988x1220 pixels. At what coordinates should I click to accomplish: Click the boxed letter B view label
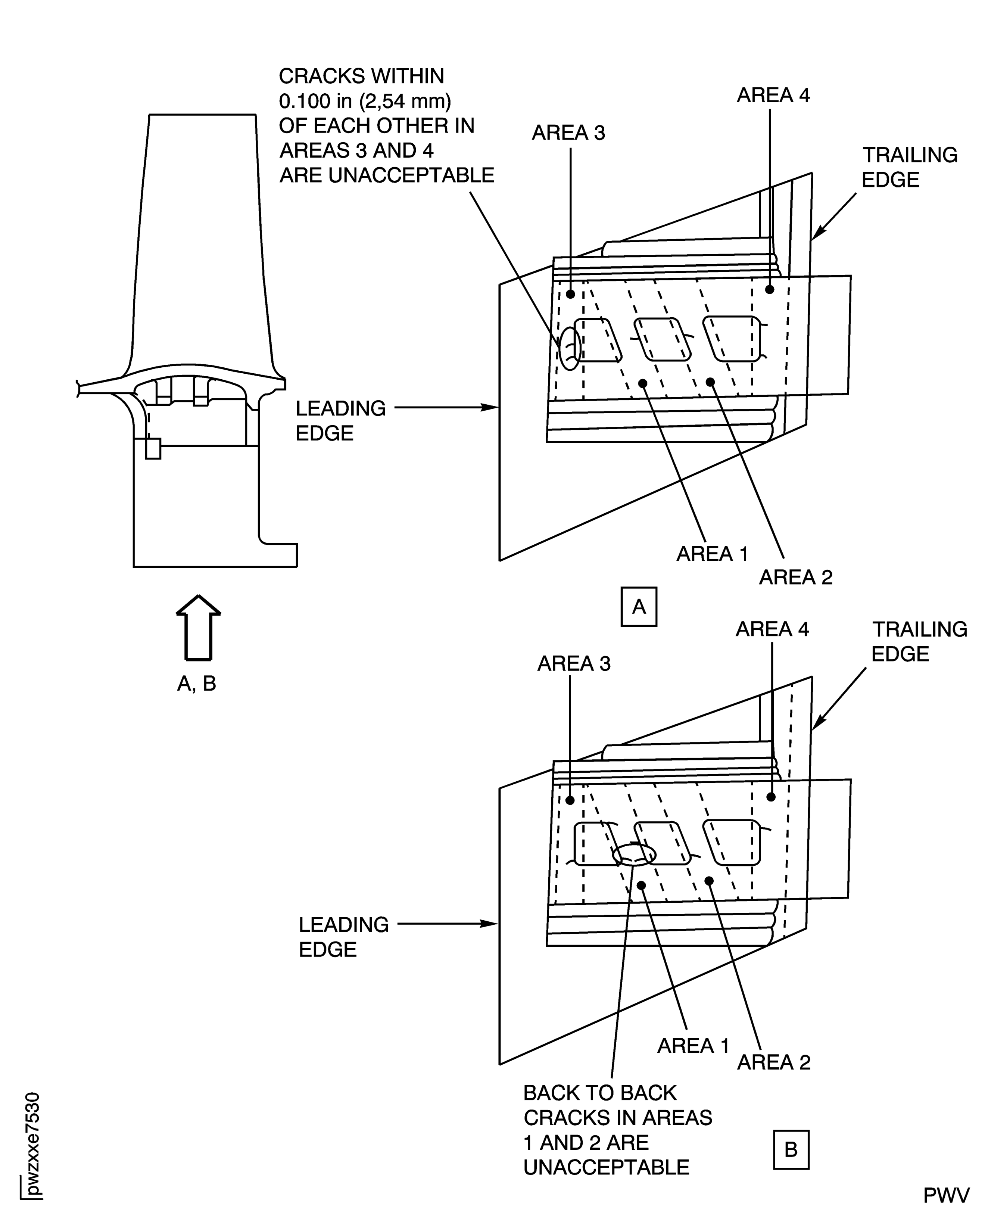[x=791, y=1149]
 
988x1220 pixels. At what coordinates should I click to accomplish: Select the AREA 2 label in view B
[x=773, y=1062]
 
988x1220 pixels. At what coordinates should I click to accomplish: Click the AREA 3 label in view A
[x=568, y=133]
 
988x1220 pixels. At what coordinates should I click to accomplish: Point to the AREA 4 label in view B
[x=772, y=629]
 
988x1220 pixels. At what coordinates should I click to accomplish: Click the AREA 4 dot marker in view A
[x=769, y=289]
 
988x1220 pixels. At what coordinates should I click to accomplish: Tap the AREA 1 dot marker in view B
[x=641, y=885]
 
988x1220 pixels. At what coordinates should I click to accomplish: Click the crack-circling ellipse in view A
[x=570, y=348]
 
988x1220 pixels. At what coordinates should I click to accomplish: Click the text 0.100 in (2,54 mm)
[x=364, y=101]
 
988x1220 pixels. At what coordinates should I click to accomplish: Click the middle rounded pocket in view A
[x=663, y=339]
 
